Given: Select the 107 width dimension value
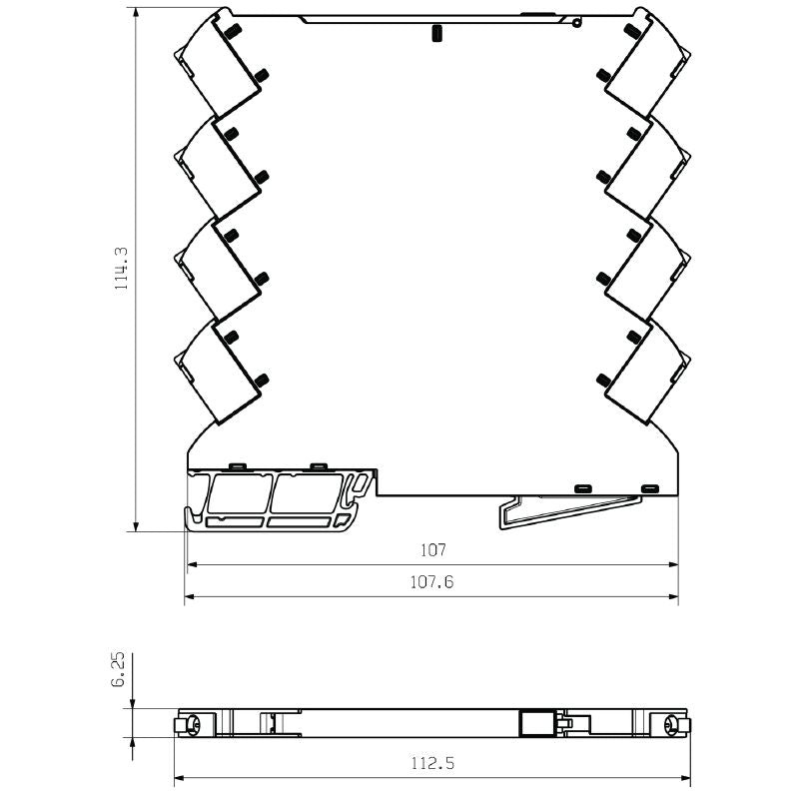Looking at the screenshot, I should (432, 550).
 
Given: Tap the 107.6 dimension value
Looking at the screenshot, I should (432, 582).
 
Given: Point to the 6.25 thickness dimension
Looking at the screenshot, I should (119, 668).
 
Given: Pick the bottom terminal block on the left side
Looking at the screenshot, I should (222, 371).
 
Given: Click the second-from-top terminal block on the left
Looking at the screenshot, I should (222, 167).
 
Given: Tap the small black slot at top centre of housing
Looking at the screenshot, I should (435, 34).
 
